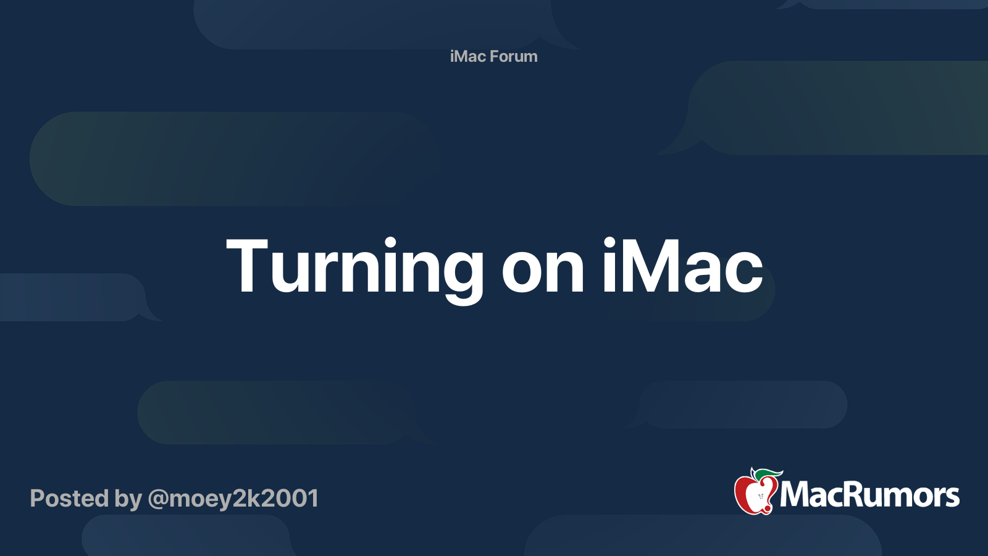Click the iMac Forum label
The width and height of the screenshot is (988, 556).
pos(493,56)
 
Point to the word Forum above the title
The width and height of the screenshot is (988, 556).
pos(514,56)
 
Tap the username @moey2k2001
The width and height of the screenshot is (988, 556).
pos(233,499)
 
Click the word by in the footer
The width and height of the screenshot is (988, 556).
pos(128,500)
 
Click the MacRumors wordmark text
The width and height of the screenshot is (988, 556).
pos(869,495)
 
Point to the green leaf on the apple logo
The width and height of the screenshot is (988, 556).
pos(769,474)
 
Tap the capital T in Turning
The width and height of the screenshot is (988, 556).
pos(247,266)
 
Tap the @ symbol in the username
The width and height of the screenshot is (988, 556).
pos(158,499)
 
